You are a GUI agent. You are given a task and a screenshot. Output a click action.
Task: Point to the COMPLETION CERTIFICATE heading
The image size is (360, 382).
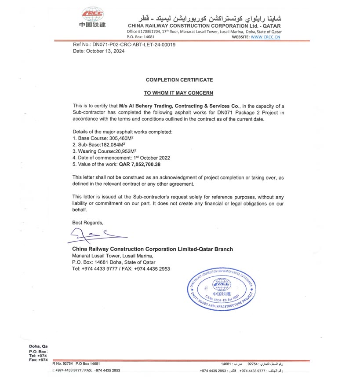click(x=179, y=80)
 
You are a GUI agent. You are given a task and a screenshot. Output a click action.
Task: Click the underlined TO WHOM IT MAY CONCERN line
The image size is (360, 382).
click(x=179, y=93)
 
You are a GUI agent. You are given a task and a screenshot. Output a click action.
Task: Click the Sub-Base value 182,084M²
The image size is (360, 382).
click(x=102, y=144)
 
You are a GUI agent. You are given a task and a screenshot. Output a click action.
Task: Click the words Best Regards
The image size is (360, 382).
click(x=88, y=222)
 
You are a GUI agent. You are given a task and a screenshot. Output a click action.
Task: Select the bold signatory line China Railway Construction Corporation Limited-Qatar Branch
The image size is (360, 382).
click(x=153, y=250)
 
